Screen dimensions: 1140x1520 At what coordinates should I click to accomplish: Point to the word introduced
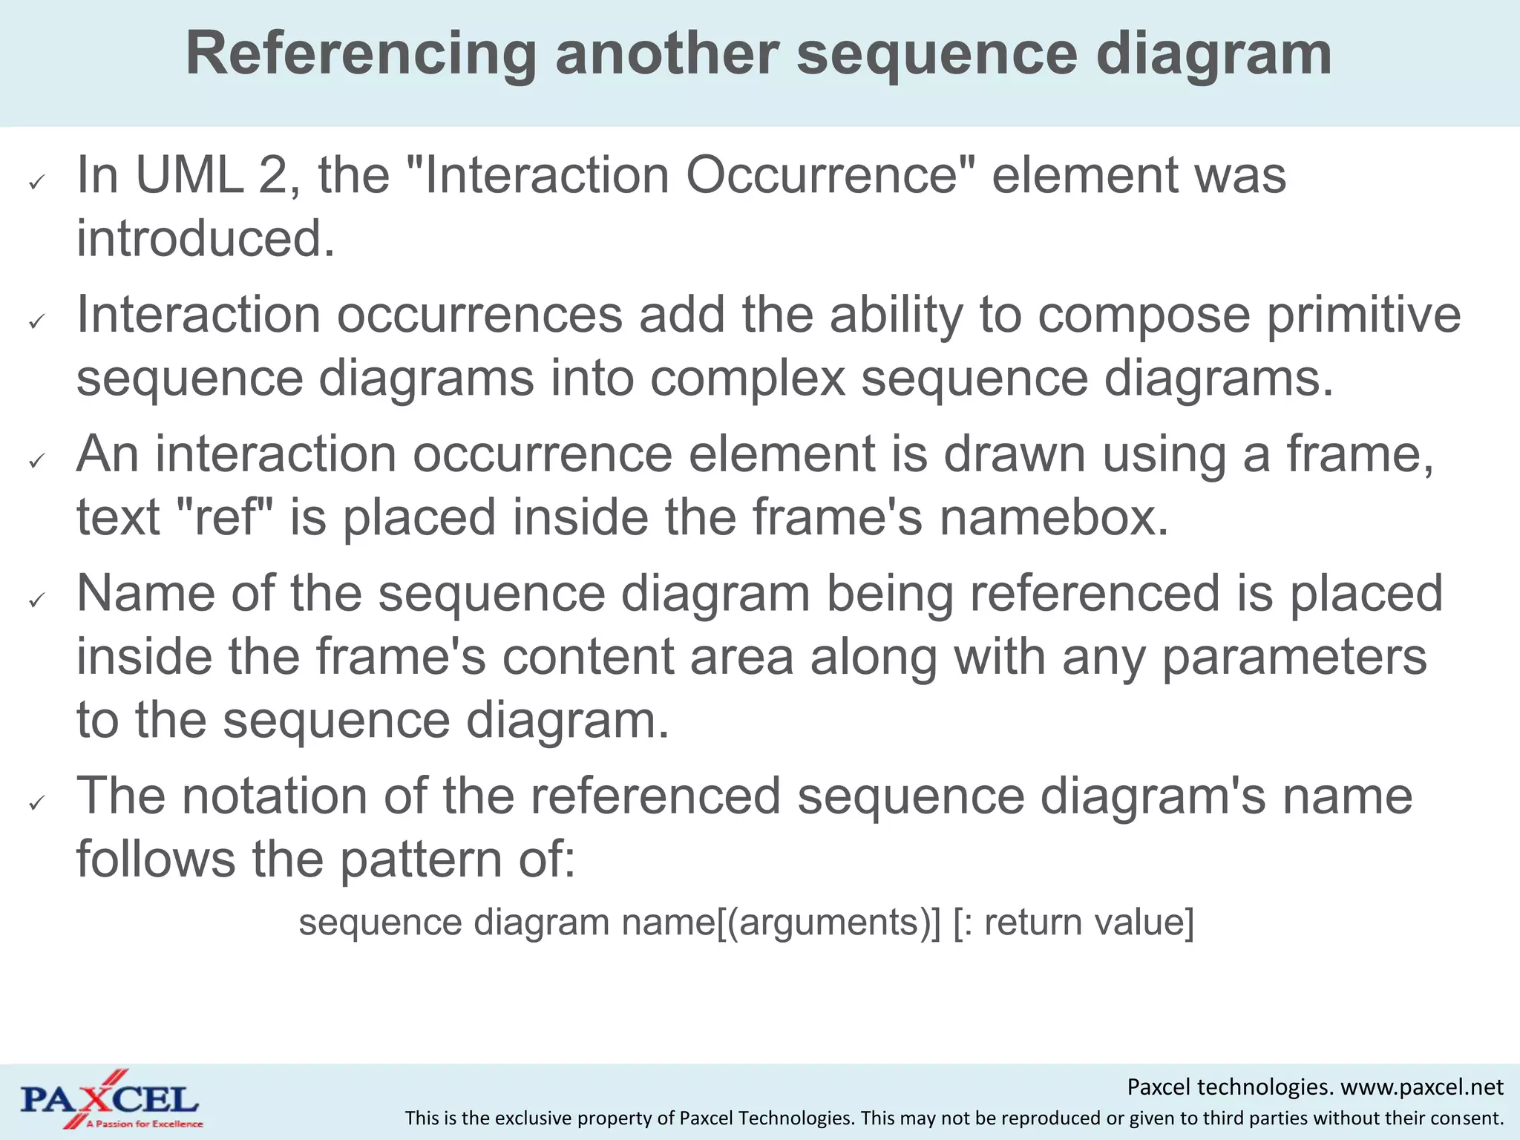pyautogui.click(x=206, y=239)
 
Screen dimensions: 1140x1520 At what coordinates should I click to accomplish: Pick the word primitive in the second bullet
pyautogui.click(x=1363, y=315)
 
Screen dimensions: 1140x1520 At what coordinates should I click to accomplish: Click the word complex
pyautogui.click(x=748, y=378)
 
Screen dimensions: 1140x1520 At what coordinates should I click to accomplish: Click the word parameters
pyautogui.click(x=1294, y=658)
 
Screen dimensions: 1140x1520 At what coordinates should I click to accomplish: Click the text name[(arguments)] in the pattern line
pyautogui.click(x=781, y=923)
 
